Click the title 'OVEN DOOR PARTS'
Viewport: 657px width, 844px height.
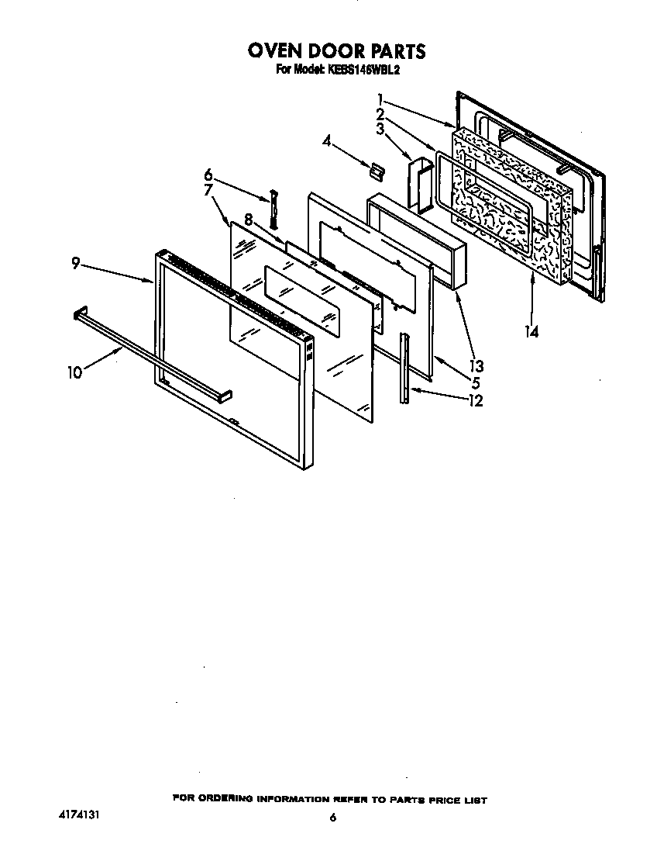[336, 51]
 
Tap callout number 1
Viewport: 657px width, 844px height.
[381, 99]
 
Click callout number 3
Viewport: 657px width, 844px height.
[380, 129]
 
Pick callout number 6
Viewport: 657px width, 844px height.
[208, 175]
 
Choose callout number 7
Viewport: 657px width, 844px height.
[208, 190]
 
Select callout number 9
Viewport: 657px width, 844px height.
[75, 263]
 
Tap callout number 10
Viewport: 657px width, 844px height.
[74, 372]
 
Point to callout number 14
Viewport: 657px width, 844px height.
[531, 331]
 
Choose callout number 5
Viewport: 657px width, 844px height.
[475, 383]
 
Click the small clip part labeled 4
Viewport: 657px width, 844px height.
[377, 169]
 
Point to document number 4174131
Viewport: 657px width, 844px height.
[79, 816]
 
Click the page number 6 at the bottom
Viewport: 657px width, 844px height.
[332, 817]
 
